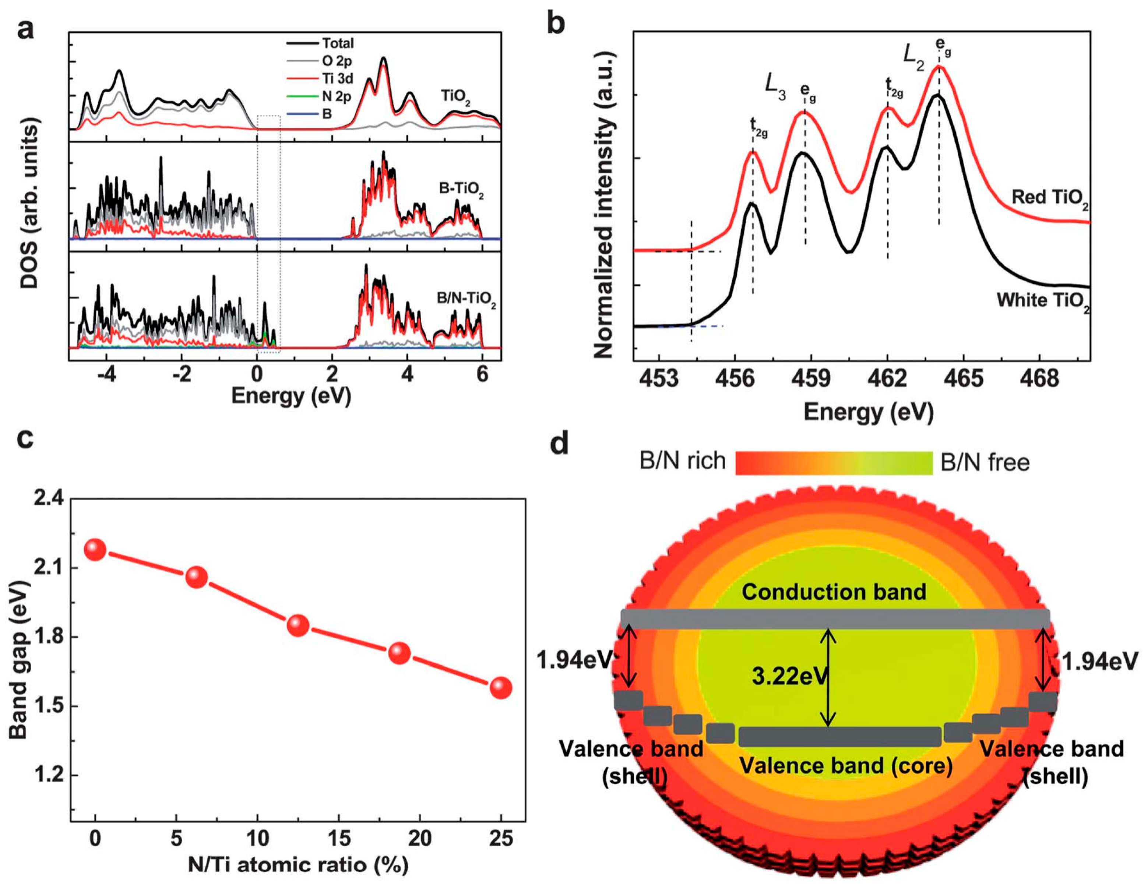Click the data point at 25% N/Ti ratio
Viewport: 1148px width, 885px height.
tap(500, 688)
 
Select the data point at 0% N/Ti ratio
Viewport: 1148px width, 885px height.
tap(95, 550)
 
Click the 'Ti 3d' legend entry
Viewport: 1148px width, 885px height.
tap(338, 79)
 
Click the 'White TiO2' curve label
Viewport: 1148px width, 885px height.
tap(1042, 301)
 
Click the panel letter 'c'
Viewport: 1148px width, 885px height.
tap(25, 438)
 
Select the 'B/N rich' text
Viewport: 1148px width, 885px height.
tap(682, 461)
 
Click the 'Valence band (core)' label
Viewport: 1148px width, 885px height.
tap(846, 766)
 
